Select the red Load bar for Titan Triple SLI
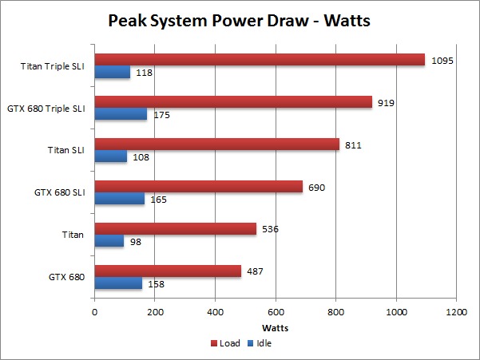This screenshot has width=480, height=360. (x=260, y=60)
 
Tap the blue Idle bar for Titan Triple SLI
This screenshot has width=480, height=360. (x=113, y=73)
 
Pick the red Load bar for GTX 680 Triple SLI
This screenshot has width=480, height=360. (x=233, y=102)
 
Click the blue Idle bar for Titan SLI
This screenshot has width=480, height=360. (x=111, y=157)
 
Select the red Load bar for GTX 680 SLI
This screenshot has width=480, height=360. (x=199, y=187)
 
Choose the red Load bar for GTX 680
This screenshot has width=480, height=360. (x=168, y=271)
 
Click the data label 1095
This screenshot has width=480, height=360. (x=443, y=60)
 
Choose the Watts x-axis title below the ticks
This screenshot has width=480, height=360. (x=276, y=327)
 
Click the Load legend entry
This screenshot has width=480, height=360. (x=226, y=343)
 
